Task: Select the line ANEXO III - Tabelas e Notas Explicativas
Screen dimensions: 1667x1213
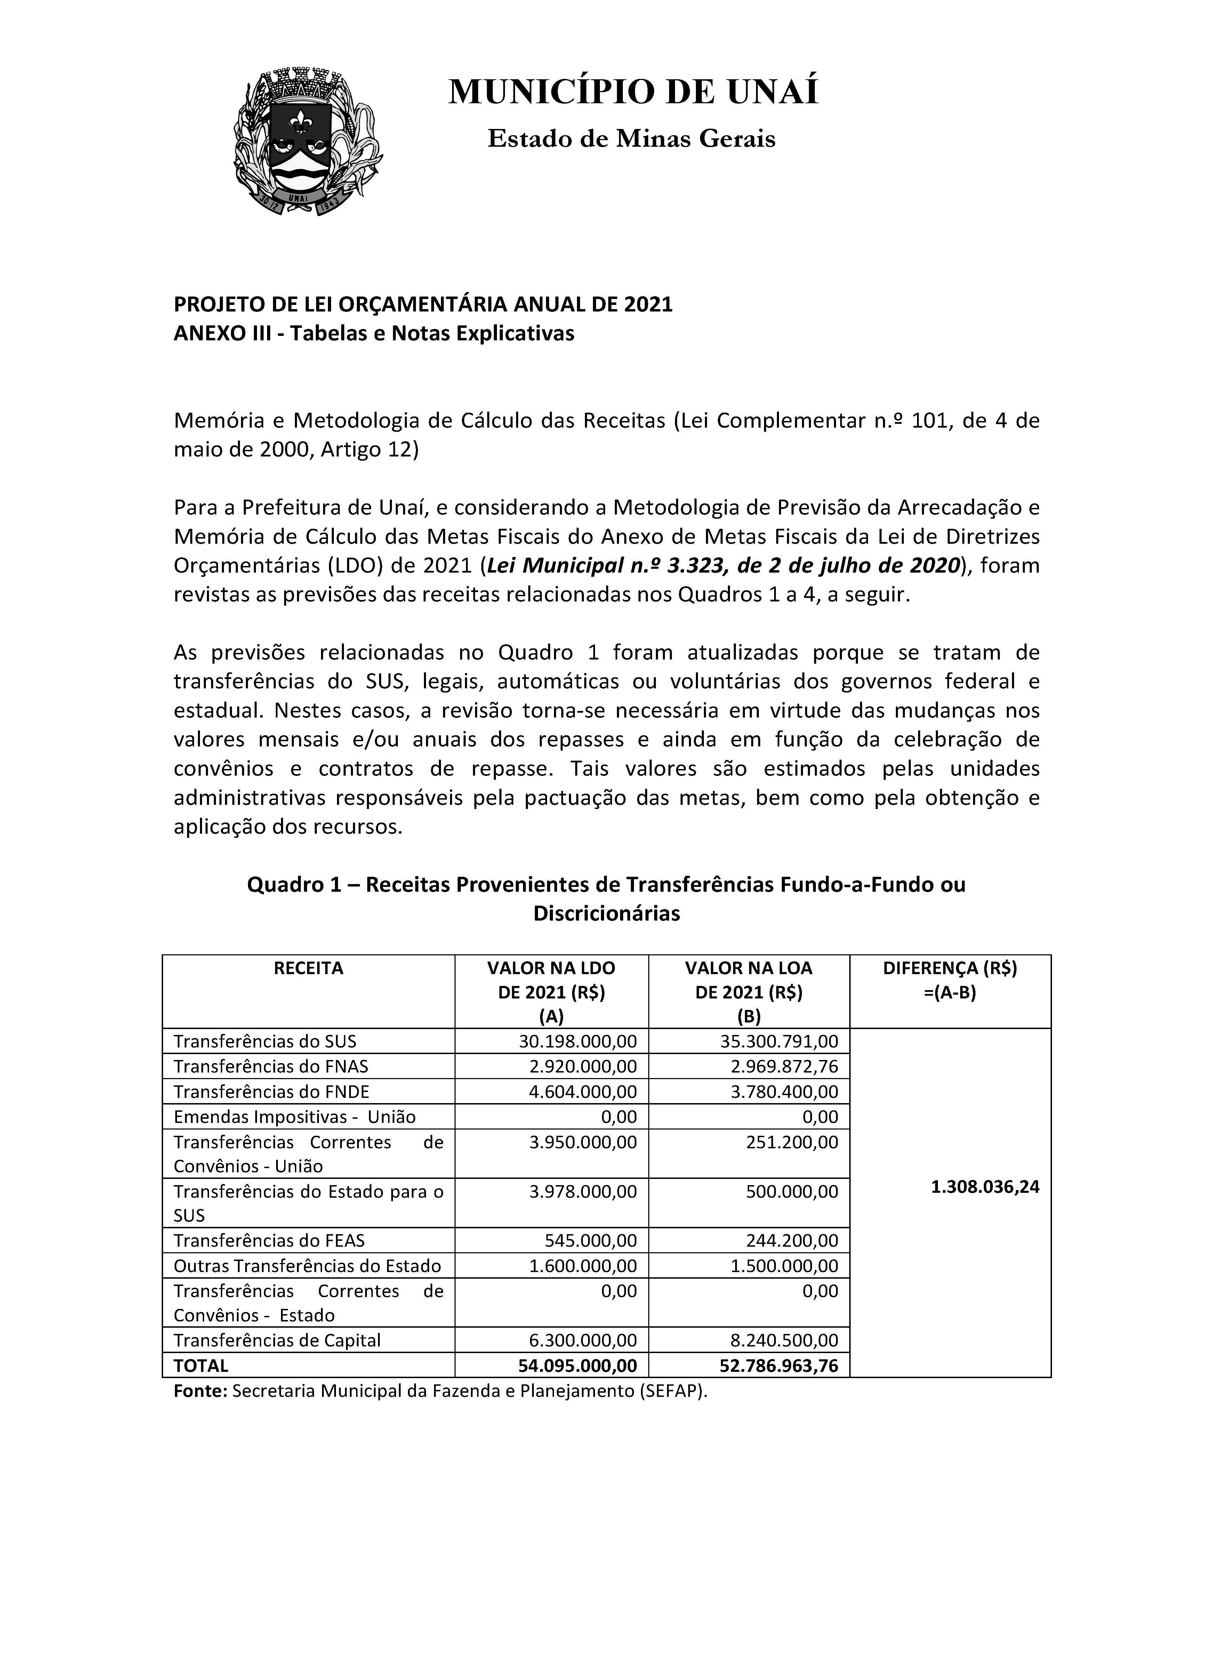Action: pos(373,334)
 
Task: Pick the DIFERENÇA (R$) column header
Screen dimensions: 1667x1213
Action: pos(950,968)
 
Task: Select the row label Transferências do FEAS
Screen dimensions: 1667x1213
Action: pos(269,1241)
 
